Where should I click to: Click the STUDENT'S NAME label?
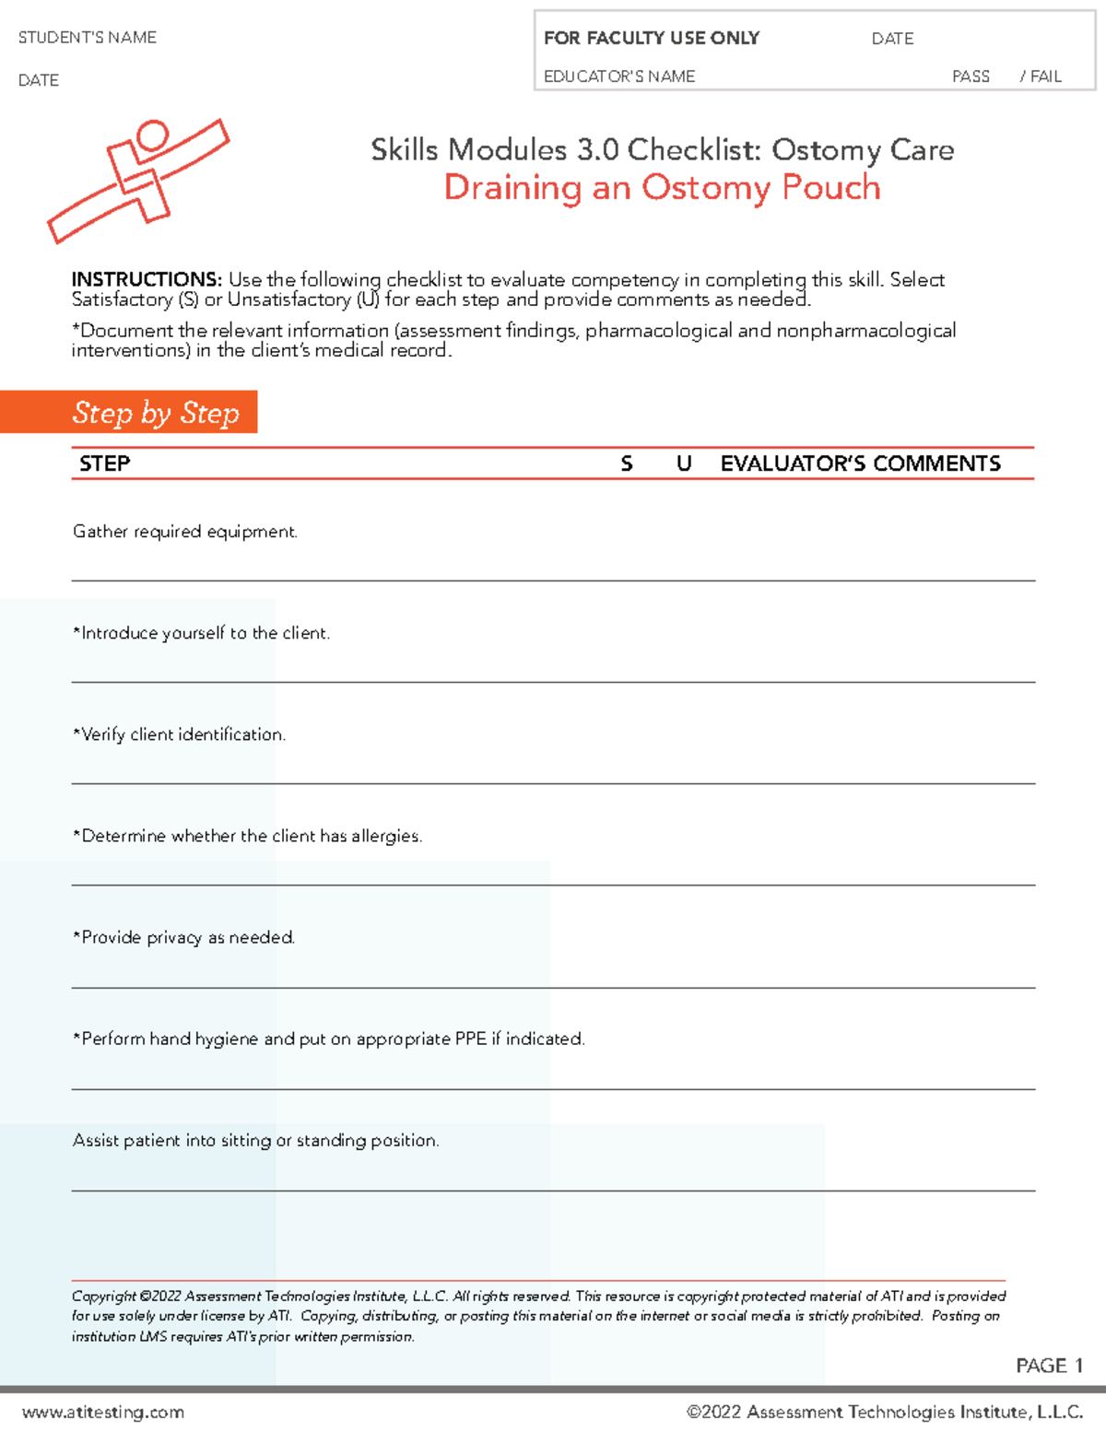pyautogui.click(x=88, y=38)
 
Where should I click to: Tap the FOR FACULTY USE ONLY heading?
pyautogui.click(x=652, y=38)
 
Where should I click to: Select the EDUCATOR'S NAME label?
pyautogui.click(x=619, y=76)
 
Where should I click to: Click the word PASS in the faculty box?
pyautogui.click(x=971, y=76)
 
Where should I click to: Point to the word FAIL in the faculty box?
pyautogui.click(x=1046, y=76)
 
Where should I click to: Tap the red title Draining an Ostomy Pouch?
pyautogui.click(x=662, y=187)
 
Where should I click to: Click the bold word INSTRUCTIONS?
pyautogui.click(x=147, y=279)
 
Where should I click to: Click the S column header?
pyautogui.click(x=627, y=463)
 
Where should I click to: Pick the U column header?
pyautogui.click(x=684, y=463)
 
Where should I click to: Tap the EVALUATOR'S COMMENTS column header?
pyautogui.click(x=860, y=463)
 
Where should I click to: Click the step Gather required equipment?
pyautogui.click(x=185, y=532)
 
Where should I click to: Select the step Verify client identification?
pyautogui.click(x=180, y=734)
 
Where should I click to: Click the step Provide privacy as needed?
pyautogui.click(x=184, y=937)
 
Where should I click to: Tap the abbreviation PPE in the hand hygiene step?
pyautogui.click(x=470, y=1038)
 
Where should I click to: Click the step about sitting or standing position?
pyautogui.click(x=256, y=1140)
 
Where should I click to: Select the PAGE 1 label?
pyautogui.click(x=1049, y=1366)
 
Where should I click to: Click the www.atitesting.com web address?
pyautogui.click(x=103, y=1412)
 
